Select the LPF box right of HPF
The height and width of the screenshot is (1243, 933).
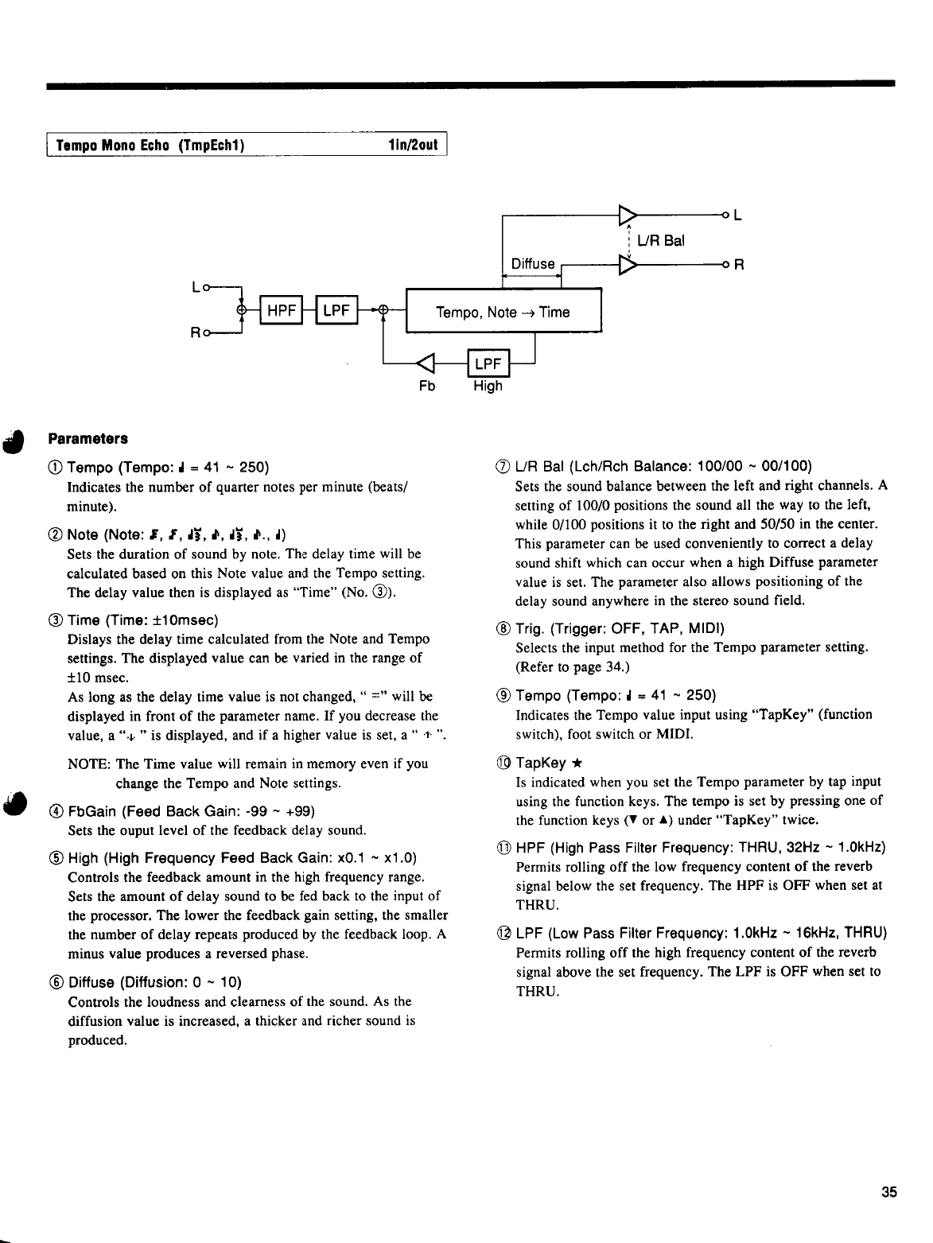coord(336,312)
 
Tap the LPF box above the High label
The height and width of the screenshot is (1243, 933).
coord(487,364)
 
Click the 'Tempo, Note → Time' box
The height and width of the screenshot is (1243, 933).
coord(503,312)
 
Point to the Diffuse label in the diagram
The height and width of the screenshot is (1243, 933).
coord(532,264)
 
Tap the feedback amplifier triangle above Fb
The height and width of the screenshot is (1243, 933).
coord(427,364)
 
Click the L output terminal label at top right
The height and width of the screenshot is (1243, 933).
coord(737,215)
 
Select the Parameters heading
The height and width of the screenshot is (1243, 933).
coord(88,439)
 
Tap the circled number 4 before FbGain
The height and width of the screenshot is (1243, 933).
coord(56,812)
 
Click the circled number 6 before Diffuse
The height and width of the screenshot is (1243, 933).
coord(56,981)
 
